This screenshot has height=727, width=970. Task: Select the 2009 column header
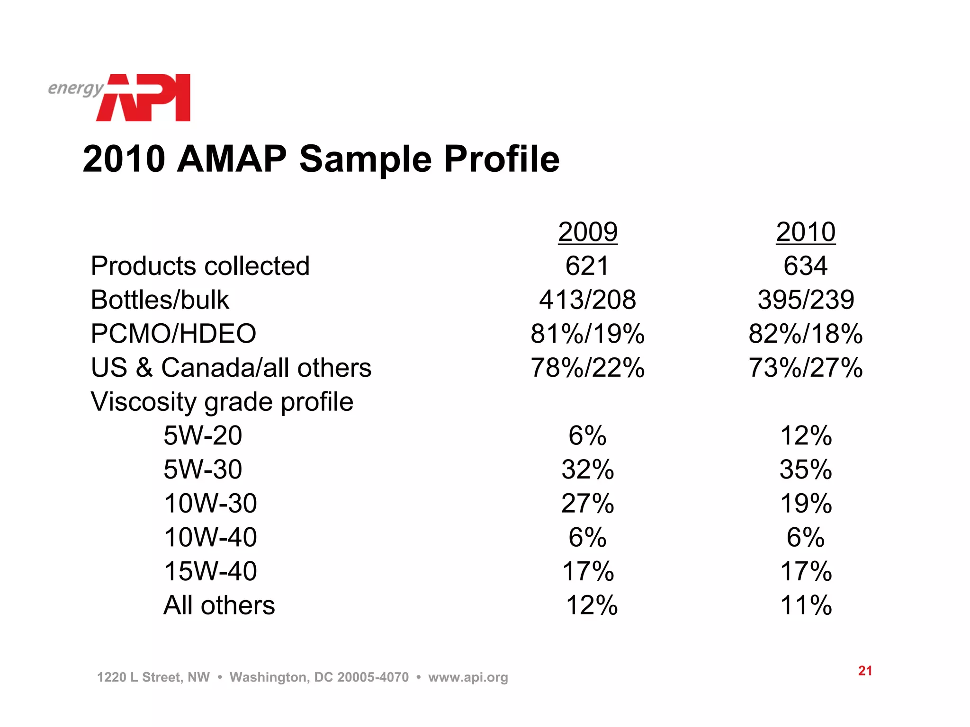coord(587,232)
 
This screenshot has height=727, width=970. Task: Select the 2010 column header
coord(805,232)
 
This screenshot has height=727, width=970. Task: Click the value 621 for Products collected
coord(587,266)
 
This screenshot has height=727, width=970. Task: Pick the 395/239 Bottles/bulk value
coord(806,300)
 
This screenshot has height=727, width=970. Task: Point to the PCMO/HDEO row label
coord(173,334)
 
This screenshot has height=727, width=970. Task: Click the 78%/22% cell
coord(587,368)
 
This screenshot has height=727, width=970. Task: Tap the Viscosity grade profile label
coord(222,402)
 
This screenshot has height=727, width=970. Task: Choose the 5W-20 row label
coord(203,435)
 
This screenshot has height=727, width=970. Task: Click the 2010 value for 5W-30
coord(806,470)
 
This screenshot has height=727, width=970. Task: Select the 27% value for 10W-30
coord(587,503)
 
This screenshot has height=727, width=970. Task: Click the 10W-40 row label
coord(210,537)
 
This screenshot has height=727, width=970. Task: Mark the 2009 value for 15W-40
coord(587,571)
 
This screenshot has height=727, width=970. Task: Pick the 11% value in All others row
coord(806,605)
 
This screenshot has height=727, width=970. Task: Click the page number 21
coord(865,671)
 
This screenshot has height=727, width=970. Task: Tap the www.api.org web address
coord(468,677)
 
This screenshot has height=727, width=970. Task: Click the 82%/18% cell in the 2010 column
coord(806,334)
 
